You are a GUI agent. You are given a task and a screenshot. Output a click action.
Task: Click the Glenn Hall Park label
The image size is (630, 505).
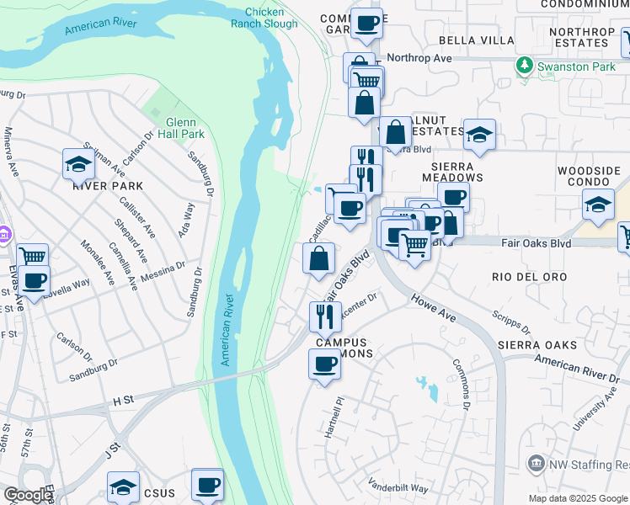pos(186,128)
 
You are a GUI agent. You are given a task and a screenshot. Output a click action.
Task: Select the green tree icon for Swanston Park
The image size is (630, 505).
pos(526,65)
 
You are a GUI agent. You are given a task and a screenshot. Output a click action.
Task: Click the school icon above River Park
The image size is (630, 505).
pos(78,163)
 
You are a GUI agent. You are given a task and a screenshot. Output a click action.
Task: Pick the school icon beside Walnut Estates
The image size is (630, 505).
pos(479,134)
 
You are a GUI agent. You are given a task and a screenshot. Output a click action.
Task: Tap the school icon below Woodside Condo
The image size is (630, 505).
pos(598,204)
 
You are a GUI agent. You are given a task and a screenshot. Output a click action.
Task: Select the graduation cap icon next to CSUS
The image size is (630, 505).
pos(123,486)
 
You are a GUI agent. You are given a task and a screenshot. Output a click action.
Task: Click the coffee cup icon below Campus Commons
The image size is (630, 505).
pos(324,364)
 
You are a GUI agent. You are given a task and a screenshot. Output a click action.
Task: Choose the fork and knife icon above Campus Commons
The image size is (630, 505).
pos(325,316)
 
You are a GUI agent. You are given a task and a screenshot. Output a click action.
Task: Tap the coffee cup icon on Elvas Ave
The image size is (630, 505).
pos(34,280)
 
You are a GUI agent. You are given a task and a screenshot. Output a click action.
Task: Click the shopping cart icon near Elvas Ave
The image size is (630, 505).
pos(32,258)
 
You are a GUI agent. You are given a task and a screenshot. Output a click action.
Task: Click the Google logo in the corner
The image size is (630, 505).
pos(28,495)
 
